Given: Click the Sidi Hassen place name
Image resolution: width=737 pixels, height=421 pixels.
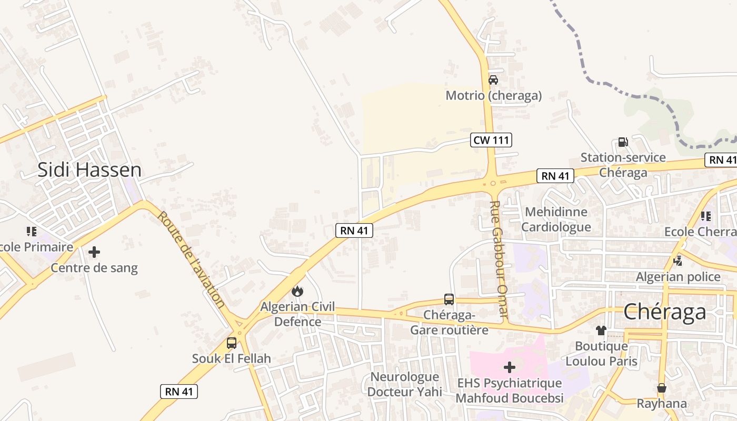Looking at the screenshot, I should pyautogui.click(x=89, y=170).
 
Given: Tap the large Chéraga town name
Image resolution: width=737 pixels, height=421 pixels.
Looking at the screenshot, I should pyautogui.click(x=665, y=312).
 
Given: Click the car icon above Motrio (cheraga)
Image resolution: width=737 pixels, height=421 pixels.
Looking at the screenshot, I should pyautogui.click(x=493, y=80).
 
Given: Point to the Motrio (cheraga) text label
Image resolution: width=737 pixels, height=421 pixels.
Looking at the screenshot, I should pyautogui.click(x=493, y=96).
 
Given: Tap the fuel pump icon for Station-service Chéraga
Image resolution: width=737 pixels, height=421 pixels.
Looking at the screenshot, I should pyautogui.click(x=623, y=142).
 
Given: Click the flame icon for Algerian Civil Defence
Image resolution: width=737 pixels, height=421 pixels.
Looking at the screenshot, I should pyautogui.click(x=297, y=291).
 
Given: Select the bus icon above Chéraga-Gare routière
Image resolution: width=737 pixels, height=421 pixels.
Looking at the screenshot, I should pyautogui.click(x=449, y=299).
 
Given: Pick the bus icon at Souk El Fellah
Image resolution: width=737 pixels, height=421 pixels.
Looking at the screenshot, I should pyautogui.click(x=231, y=343).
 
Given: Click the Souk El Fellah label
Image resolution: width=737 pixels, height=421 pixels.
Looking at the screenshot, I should pyautogui.click(x=231, y=359).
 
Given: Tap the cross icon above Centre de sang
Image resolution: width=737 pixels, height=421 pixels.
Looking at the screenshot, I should pyautogui.click(x=94, y=252).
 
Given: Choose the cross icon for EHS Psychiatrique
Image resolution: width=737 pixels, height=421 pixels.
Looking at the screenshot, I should pyautogui.click(x=509, y=367).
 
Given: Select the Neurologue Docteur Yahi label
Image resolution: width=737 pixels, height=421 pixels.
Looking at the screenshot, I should pyautogui.click(x=404, y=384).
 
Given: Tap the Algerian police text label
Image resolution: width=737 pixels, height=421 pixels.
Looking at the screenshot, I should pyautogui.click(x=678, y=277).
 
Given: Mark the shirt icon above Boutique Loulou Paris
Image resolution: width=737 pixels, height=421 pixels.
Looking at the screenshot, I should pyautogui.click(x=601, y=330).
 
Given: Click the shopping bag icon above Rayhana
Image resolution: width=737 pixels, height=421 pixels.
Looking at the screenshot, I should pyautogui.click(x=662, y=388).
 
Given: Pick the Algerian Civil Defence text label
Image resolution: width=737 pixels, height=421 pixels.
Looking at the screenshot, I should pyautogui.click(x=297, y=314).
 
